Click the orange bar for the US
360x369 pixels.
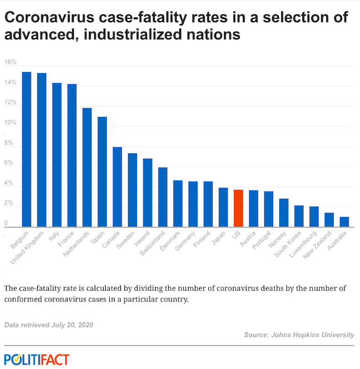pos(238,208)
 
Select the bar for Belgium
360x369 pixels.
pos(27,149)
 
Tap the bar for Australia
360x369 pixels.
pos(344,221)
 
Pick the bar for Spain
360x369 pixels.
pos(102,171)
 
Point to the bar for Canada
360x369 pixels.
pos(117,186)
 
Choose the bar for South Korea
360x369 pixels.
pos(299,216)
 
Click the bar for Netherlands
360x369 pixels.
pos(87,167)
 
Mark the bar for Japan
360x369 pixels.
pos(223,207)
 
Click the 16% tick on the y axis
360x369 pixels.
pos(10,62)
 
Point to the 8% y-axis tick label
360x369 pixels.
pos(8,143)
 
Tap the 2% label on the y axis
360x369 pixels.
pos(8,203)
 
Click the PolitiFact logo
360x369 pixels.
pos(37,359)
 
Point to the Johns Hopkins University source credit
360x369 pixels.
pos(299,335)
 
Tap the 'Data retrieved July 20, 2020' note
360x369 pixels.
pos(49,324)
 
